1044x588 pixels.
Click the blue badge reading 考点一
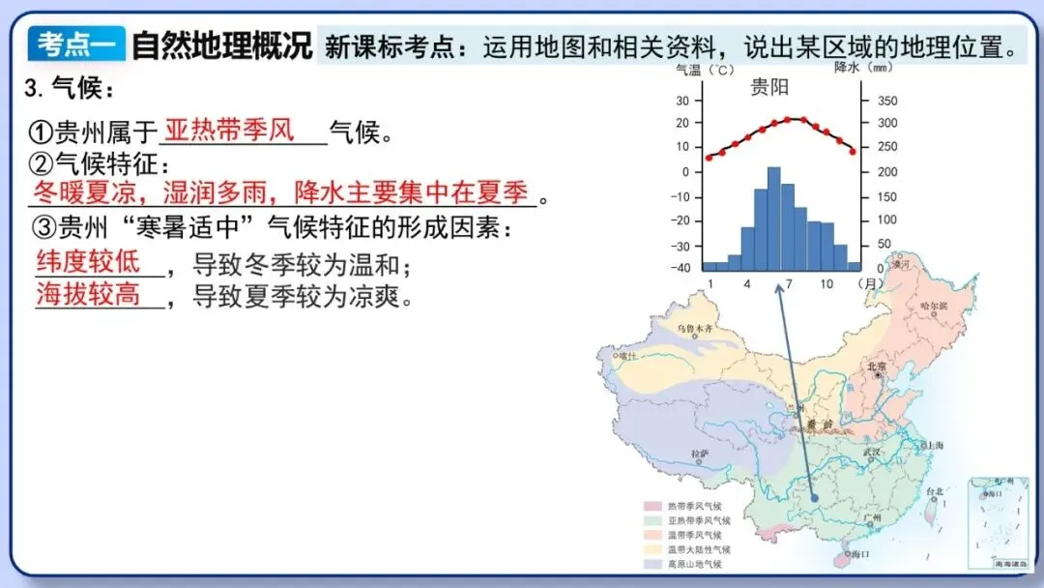[74, 44]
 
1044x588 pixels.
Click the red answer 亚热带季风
[229, 130]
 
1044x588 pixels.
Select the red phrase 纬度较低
[88, 261]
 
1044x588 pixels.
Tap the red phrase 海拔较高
[88, 295]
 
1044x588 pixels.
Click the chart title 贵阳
[769, 88]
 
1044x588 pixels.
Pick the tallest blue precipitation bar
[773, 219]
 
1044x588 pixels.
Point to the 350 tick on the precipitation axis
[886, 101]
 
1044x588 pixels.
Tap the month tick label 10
[826, 284]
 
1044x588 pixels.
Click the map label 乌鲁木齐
[694, 330]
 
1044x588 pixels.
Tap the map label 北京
[876, 367]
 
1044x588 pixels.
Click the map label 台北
[934, 491]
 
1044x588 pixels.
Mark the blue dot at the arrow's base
[814, 499]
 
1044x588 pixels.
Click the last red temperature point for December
[852, 152]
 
